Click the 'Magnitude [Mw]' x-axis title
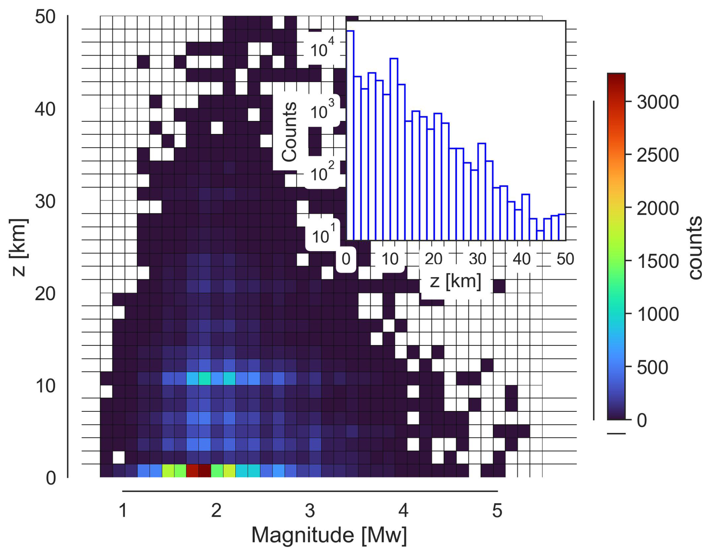(x=329, y=535)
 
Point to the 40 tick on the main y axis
(x=45, y=109)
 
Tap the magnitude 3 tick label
(x=310, y=510)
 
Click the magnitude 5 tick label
(x=497, y=510)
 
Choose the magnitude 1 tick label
(x=123, y=510)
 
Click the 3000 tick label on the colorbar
(x=658, y=102)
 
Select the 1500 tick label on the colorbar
(x=658, y=261)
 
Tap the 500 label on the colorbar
(x=652, y=367)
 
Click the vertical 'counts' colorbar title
(x=696, y=247)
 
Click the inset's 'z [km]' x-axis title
(x=455, y=281)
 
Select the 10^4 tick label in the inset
(x=322, y=49)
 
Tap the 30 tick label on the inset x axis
(x=477, y=259)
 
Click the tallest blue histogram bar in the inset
(x=350, y=135)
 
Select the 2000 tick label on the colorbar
(x=658, y=208)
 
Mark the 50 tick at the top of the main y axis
(x=45, y=17)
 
